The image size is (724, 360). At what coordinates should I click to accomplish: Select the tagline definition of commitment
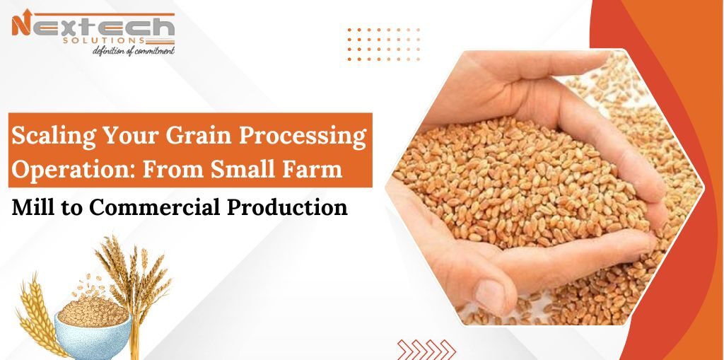[134, 51]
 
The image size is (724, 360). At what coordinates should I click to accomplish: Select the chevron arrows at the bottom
[424, 349]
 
